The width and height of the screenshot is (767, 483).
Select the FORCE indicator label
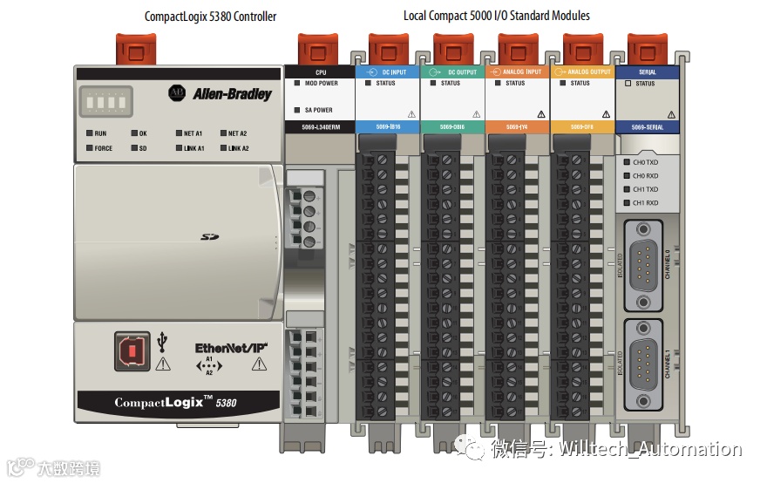coord(104,148)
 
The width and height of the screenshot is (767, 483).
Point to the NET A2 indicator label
coord(238,133)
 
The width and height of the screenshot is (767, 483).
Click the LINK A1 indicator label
coord(194,148)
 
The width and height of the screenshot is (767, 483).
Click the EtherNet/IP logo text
coord(230,349)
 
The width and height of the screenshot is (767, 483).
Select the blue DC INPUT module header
coord(388,71)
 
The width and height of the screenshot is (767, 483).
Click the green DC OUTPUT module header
coord(453,71)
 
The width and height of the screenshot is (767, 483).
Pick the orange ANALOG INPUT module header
coord(518,71)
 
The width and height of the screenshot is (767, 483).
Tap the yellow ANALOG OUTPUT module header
coord(582,71)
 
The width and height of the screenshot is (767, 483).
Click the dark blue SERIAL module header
coord(647,71)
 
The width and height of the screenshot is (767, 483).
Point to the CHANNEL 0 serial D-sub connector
coord(643,262)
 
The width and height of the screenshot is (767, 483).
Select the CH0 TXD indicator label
coord(646,162)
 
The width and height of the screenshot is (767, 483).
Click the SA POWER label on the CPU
coord(318,110)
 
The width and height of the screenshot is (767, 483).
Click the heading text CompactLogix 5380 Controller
coord(210,16)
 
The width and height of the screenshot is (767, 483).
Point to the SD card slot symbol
coord(208,236)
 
